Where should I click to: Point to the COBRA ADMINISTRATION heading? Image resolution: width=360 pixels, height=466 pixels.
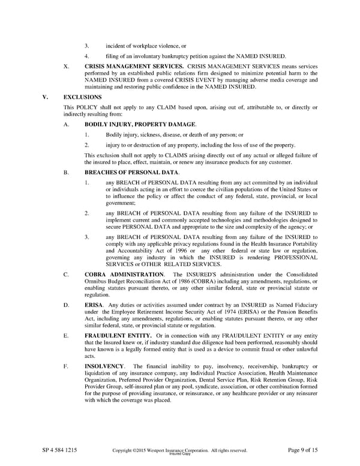tap(124, 274)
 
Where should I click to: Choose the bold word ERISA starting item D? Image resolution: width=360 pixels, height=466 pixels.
tap(94, 306)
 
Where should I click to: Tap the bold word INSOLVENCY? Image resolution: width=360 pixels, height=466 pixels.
tap(104, 366)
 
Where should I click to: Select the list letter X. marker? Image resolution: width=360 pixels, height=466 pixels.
tap(66, 65)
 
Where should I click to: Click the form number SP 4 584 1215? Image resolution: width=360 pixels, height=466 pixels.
tap(59, 450)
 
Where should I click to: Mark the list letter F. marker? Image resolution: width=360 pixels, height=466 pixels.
tap(65, 366)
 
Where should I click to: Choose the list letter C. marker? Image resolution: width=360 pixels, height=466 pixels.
tap(65, 274)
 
